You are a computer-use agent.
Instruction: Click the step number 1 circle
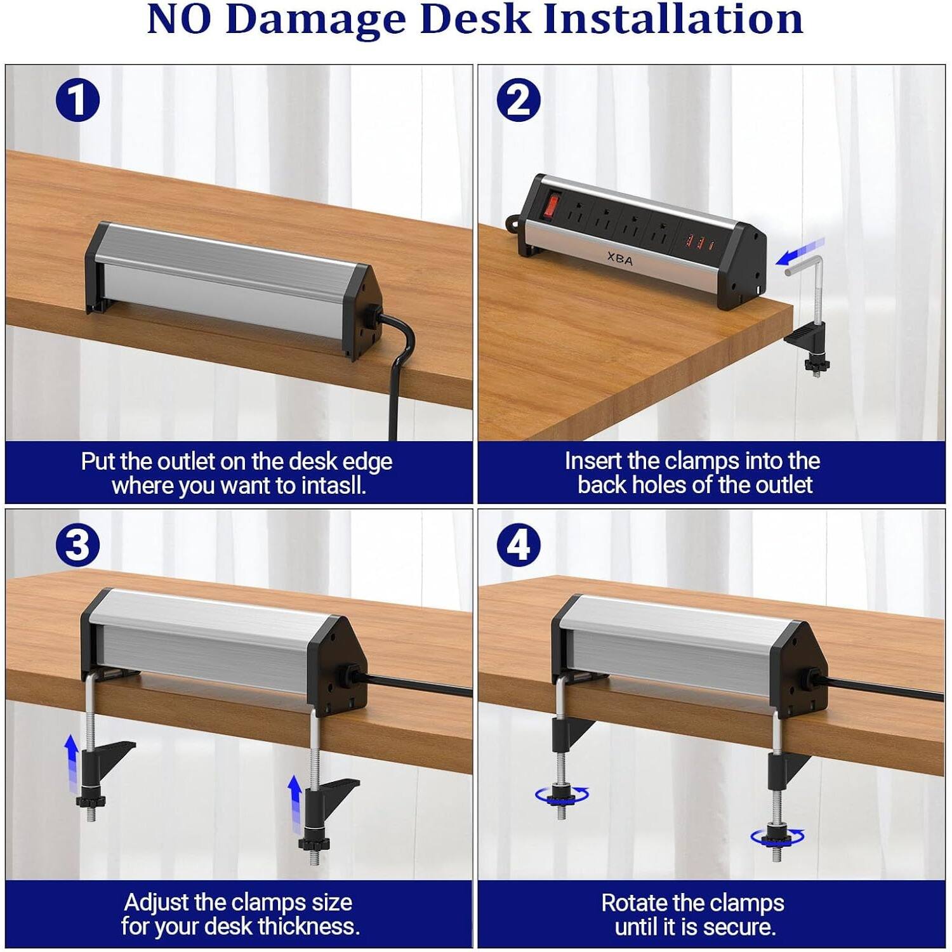pos(77,100)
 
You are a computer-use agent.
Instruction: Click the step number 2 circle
pos(519,100)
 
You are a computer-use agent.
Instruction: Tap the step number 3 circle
pos(77,545)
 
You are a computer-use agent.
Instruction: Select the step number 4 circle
pos(519,545)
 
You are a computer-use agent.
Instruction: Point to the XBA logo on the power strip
pos(619,259)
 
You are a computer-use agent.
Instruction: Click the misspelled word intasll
pos(334,486)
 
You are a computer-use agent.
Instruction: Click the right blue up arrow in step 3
pos(294,801)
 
